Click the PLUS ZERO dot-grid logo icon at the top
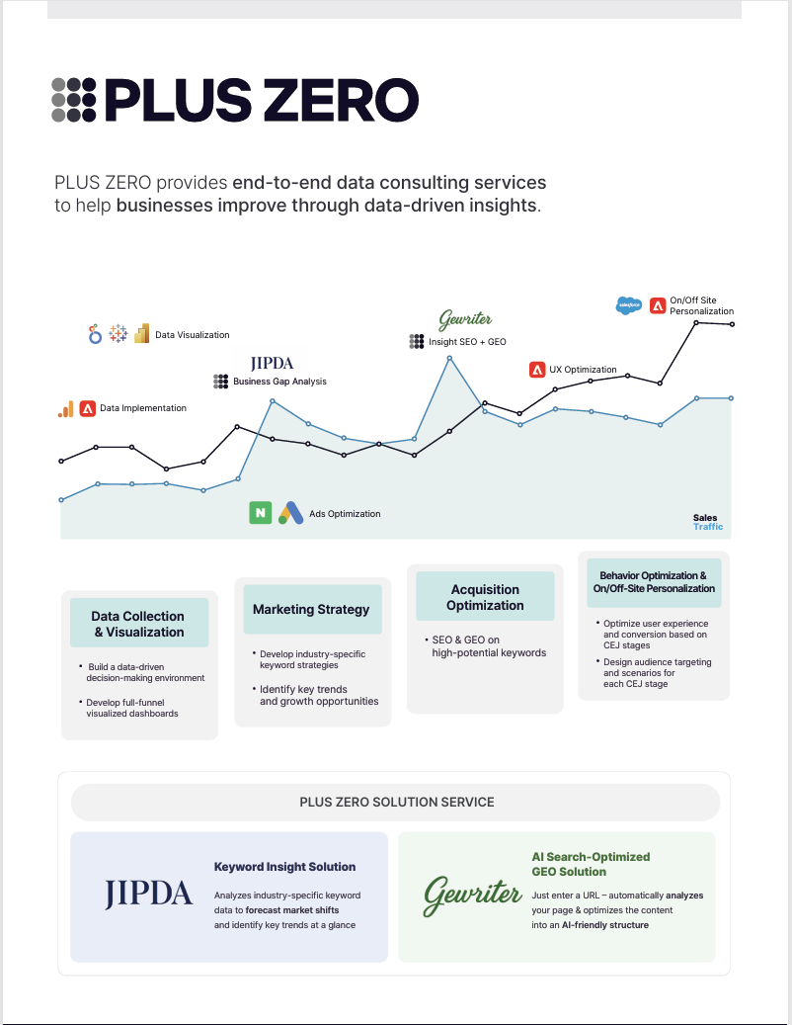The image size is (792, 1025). coord(74,100)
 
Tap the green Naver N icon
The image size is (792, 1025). coord(260,513)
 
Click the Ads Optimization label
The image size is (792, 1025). coord(345,514)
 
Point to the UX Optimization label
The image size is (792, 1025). coord(583,370)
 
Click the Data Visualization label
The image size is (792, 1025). coord(192,335)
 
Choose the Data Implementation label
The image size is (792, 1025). coord(142,408)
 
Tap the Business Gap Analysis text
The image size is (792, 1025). coord(279,382)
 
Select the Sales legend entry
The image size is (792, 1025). coord(705,517)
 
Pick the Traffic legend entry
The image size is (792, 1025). coord(707,527)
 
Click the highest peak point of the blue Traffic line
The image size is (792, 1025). coord(449,358)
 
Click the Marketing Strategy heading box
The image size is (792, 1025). coord(311,610)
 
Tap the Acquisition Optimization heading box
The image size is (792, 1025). coord(485,597)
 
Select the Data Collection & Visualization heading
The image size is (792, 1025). coord(139,624)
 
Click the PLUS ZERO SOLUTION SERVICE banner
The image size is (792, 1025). coord(396,802)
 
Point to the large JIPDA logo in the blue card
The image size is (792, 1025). coord(149,894)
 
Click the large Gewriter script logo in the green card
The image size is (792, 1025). coord(472,895)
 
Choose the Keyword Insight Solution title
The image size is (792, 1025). coord(284,867)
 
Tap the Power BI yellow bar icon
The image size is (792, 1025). coord(141,333)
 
